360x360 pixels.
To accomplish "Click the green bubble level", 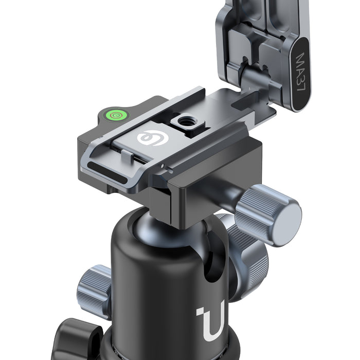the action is click(116, 115).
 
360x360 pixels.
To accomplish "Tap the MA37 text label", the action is click(301, 73).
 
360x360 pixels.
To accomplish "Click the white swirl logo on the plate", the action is click(153, 138).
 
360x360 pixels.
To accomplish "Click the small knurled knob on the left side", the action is click(94, 292).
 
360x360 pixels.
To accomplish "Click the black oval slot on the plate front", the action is click(107, 173).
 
